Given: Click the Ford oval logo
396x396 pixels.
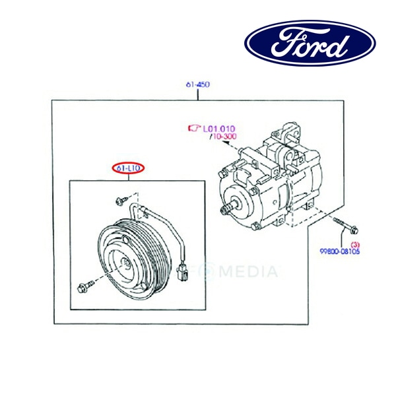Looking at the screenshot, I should click(310, 43).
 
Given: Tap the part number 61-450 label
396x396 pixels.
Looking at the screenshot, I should click(197, 85).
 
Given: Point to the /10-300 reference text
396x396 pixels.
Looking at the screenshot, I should click(222, 137).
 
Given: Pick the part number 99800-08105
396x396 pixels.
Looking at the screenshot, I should click(341, 252).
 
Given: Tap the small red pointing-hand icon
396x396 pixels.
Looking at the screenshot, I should click(194, 127).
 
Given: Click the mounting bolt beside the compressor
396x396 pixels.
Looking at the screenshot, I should click(345, 226).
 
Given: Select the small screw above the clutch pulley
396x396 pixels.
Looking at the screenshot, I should click(121, 199).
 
